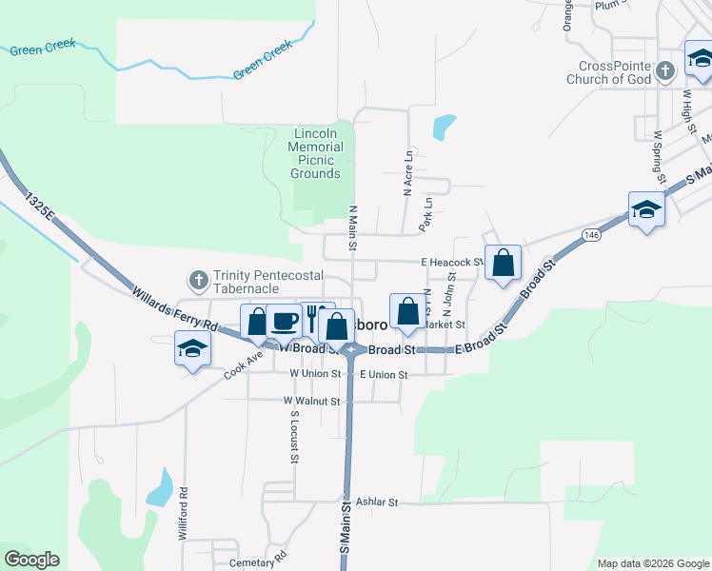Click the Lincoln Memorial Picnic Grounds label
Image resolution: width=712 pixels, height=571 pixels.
click(x=317, y=153)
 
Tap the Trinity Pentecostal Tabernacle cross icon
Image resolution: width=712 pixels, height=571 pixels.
click(x=198, y=280)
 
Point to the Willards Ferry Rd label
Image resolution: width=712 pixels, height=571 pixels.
click(x=176, y=311)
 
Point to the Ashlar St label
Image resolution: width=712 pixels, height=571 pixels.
click(x=375, y=502)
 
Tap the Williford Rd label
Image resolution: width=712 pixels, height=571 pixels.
click(x=183, y=515)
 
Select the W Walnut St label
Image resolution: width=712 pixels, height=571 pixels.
click(x=311, y=402)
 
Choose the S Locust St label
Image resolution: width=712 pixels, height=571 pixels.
click(x=295, y=438)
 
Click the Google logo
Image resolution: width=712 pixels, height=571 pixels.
click(x=31, y=560)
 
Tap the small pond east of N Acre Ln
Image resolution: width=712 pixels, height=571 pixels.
click(x=444, y=127)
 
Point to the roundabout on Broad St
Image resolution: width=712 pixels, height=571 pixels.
click(x=351, y=350)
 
